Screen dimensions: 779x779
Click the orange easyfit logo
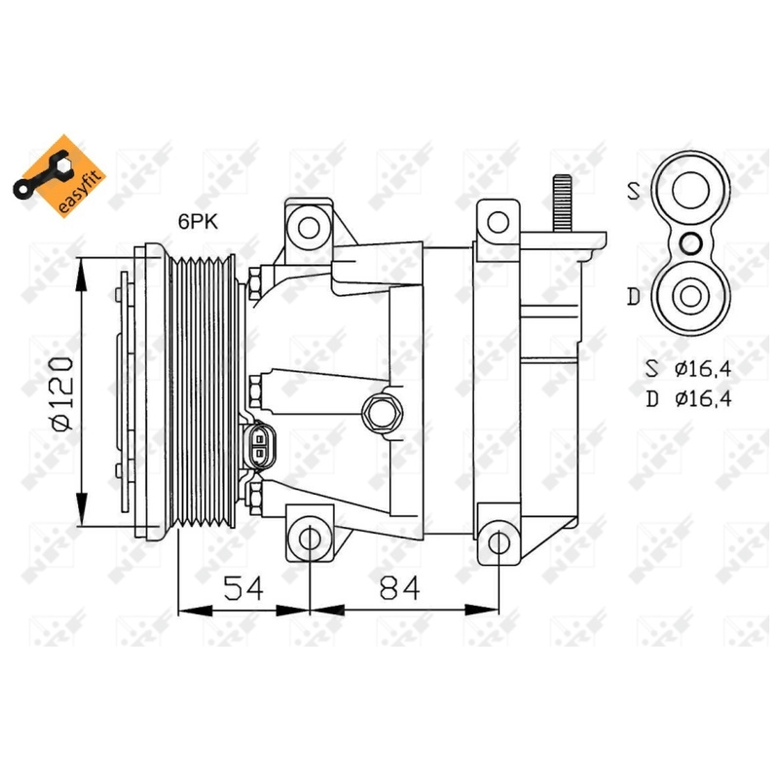click(59, 176)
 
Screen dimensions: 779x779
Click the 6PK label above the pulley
click(199, 222)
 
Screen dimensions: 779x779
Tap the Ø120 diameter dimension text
click(61, 393)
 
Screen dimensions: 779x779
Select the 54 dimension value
click(242, 588)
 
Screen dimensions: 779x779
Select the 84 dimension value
click(399, 588)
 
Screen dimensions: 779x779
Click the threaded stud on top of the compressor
click(563, 204)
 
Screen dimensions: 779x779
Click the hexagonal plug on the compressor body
click(382, 413)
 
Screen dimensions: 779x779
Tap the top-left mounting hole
click(309, 228)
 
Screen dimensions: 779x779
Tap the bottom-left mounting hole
click(309, 539)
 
